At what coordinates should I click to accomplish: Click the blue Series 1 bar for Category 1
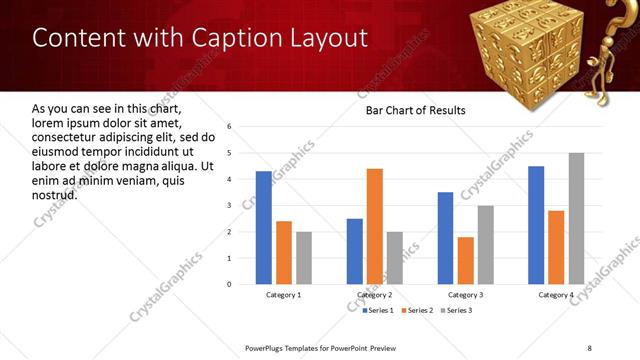pos(264,228)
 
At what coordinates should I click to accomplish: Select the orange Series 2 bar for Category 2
pos(374,226)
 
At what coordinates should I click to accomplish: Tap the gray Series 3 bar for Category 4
pos(576,218)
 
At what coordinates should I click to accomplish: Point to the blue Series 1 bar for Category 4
pos(536,225)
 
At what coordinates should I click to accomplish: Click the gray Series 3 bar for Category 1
pos(304,258)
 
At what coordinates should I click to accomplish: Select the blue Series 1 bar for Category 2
pos(355,251)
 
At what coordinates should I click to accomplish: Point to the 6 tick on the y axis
pos(230,127)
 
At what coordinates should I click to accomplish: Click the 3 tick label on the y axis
pos(230,205)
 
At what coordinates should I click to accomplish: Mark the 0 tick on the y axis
pos(230,284)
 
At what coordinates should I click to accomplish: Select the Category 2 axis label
pos(374,295)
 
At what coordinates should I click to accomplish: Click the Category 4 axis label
pos(556,295)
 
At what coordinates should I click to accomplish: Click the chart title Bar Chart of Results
pos(416,109)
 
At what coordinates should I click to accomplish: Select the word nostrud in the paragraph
pos(54,194)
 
